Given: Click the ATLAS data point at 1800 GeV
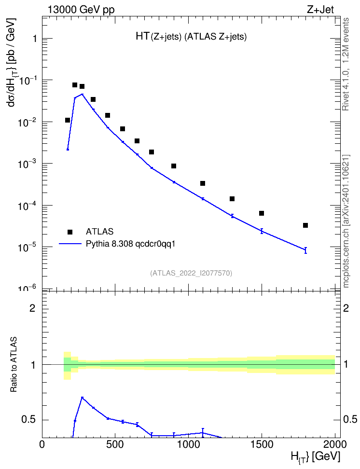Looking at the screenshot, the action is (305, 225).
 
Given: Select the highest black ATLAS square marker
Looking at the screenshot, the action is (75, 85).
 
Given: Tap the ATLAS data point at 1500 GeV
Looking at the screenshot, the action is (262, 213).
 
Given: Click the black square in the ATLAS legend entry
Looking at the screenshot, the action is (70, 232).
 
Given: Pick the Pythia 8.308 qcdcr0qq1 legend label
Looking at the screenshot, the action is (130, 244).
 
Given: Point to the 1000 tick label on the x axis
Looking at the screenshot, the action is (188, 444).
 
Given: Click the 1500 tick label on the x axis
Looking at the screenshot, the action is (262, 444).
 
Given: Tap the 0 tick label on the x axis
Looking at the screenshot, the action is (42, 444).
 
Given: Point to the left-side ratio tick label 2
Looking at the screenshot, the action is (32, 308).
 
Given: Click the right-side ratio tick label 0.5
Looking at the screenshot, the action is (350, 420).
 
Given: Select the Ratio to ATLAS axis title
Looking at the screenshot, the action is (14, 364).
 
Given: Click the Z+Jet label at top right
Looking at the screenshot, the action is (320, 10).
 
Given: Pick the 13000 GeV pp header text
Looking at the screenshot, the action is (81, 10).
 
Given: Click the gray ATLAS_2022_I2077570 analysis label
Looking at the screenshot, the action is (191, 273).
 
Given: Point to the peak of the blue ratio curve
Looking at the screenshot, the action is (82, 398).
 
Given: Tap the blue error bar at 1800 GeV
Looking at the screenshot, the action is (305, 250).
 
